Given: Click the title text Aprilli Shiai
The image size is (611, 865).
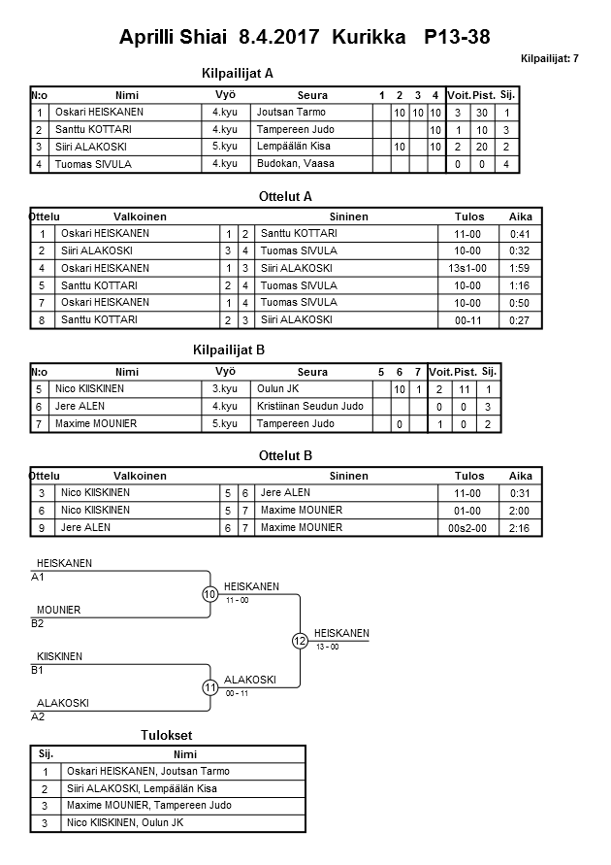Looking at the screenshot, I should tap(174, 38).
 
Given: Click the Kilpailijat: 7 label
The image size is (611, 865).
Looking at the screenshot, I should tap(549, 59).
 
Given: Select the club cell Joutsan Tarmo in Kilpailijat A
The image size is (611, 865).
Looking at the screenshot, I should tap(291, 113).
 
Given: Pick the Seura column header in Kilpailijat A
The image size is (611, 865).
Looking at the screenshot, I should tap(312, 95).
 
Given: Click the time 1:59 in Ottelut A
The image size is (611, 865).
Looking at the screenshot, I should tap(521, 268).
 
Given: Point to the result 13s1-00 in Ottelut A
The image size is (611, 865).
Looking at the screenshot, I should tap(468, 268).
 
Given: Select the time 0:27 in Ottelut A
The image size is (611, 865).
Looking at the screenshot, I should tap(521, 320).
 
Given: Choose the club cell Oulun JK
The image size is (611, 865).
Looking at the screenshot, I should tap(277, 389).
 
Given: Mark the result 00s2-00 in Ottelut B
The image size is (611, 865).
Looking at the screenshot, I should tap(468, 528).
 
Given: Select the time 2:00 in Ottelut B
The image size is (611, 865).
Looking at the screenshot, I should tap(521, 511).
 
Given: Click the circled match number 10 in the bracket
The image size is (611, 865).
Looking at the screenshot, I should tap(210, 594).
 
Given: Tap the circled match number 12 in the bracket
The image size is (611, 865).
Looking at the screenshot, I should tap(300, 641).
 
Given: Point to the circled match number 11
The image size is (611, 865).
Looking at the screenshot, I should tap(210, 687).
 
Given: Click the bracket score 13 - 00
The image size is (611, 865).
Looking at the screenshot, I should tap(327, 647).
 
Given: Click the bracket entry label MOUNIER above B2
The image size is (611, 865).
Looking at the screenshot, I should tap(58, 610).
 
